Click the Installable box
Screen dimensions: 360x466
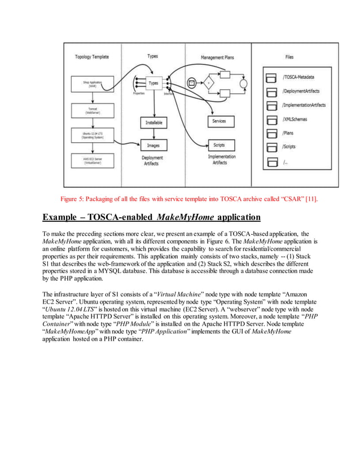pos(153,122)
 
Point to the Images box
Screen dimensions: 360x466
pos(153,146)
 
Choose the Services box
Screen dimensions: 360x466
pos(219,121)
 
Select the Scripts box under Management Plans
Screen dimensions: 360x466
pos(219,146)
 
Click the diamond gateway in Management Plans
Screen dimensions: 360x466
pos(209,83)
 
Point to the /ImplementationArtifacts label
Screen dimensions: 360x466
pos(304,105)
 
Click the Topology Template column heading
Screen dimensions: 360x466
pos(92,57)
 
